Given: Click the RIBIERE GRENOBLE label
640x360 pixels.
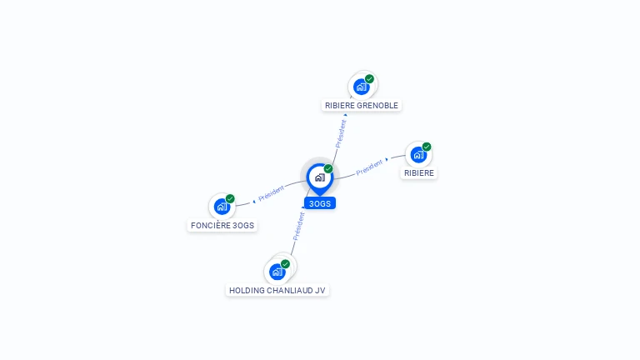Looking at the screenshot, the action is [361, 105].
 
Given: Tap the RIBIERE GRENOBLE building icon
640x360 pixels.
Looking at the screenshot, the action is [361, 87].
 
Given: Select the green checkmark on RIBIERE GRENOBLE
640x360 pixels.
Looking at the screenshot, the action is [369, 79].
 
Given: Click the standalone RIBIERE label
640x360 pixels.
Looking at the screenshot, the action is [419, 173].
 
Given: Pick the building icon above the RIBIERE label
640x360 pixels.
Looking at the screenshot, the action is [418, 155].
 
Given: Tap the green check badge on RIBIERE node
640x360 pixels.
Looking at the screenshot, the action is [427, 147].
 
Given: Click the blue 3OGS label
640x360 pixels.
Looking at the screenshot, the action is [320, 203].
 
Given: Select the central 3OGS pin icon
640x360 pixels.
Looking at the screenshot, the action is [320, 178].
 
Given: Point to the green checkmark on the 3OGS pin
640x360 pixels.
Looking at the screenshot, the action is [328, 168].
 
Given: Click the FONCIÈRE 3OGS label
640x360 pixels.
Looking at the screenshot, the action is [222, 225].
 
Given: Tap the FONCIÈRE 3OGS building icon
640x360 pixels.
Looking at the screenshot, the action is [222, 207].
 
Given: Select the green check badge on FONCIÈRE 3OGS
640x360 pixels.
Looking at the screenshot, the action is [230, 199].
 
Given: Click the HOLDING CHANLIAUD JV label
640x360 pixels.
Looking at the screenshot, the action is [277, 291].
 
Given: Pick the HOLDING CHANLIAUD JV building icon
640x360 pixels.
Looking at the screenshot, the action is [277, 272].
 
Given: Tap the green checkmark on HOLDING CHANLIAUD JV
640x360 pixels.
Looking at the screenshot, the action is [285, 264].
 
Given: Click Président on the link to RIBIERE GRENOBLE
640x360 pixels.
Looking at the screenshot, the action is [341, 134].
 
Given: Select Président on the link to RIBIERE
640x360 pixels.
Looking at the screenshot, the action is [369, 167].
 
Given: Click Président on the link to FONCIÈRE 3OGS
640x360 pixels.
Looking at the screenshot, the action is [272, 193].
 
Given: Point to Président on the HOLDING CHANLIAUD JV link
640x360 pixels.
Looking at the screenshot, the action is [299, 227].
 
